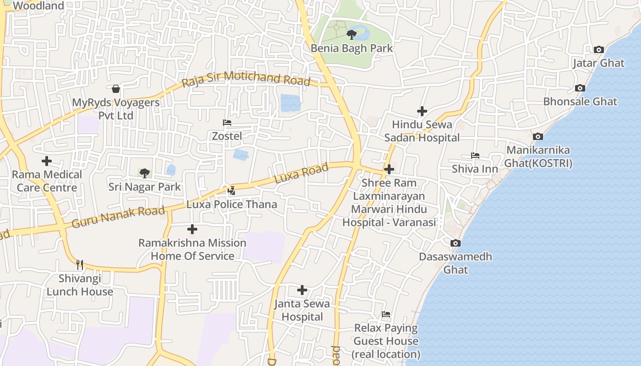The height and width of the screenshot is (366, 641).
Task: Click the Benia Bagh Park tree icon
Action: (x=352, y=34)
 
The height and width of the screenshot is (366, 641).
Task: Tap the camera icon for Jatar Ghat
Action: (x=598, y=49)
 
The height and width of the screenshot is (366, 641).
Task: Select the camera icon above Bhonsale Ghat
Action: (x=580, y=88)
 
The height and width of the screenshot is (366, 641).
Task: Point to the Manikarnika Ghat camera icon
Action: (x=538, y=136)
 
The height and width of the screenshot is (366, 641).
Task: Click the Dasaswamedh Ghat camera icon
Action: (x=456, y=243)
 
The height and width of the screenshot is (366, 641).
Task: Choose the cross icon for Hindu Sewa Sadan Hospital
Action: (x=422, y=111)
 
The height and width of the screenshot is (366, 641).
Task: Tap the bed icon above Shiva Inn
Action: (x=475, y=156)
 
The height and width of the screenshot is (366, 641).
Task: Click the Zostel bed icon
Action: (x=227, y=123)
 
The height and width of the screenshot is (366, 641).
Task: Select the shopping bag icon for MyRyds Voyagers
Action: (x=116, y=88)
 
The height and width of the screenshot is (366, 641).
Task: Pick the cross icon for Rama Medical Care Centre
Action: (x=47, y=161)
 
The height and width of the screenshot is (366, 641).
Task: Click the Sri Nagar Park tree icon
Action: (x=145, y=173)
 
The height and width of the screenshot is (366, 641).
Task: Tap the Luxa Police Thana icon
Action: (x=232, y=190)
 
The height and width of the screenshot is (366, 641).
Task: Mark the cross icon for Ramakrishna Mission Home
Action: (x=192, y=229)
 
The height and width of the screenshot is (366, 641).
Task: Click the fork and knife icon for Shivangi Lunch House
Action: (x=80, y=264)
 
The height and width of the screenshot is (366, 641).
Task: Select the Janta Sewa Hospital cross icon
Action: (x=302, y=290)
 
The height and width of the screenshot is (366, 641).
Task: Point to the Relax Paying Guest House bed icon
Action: (x=386, y=315)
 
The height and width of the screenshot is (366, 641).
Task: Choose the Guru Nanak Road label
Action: (x=118, y=217)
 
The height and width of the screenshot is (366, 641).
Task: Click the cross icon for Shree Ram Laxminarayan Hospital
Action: (x=389, y=169)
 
